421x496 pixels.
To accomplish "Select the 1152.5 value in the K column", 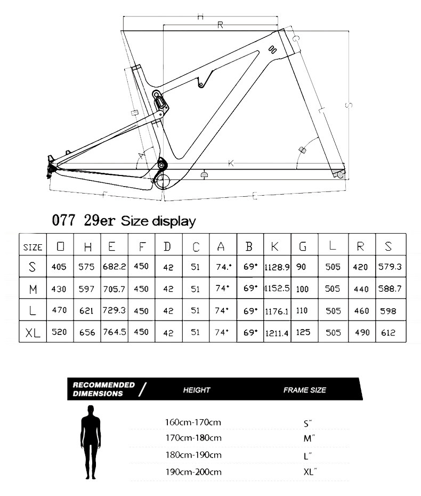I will (x=277, y=288).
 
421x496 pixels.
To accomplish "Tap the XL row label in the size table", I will (x=33, y=332).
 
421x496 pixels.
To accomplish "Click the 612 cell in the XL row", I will (x=388, y=332).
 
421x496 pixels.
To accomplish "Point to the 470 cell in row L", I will (x=60, y=310).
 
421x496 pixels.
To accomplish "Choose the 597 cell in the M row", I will (x=86, y=289).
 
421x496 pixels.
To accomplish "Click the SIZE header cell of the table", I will (x=33, y=247).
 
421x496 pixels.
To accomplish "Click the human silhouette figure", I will (x=91, y=442).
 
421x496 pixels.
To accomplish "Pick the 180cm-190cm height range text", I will (x=193, y=455).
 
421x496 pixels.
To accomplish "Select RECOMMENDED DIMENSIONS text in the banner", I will (x=103, y=389).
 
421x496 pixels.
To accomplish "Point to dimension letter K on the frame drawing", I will (x=231, y=163).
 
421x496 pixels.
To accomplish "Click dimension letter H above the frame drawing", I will (x=200, y=17).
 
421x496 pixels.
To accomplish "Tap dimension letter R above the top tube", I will (x=220, y=25).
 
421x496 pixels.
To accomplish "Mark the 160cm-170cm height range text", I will (x=193, y=422).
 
